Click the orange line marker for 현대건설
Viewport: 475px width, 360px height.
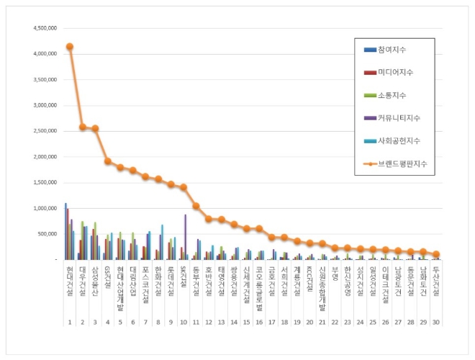click(x=70, y=47)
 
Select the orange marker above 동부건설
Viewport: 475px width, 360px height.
click(x=196, y=206)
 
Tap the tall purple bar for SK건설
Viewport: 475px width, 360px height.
click(x=185, y=237)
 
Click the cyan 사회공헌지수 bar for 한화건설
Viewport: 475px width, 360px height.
click(x=162, y=242)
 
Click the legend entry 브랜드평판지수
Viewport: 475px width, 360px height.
click(x=399, y=163)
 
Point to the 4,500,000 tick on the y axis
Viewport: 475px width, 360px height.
click(x=45, y=28)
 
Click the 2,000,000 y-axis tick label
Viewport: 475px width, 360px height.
click(x=45, y=157)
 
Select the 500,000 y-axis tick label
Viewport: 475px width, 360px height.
click(x=47, y=234)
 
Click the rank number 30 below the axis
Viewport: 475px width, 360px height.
click(x=435, y=322)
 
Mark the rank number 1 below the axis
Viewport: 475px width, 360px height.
click(x=70, y=322)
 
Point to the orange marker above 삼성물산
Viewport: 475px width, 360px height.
click(x=95, y=129)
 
